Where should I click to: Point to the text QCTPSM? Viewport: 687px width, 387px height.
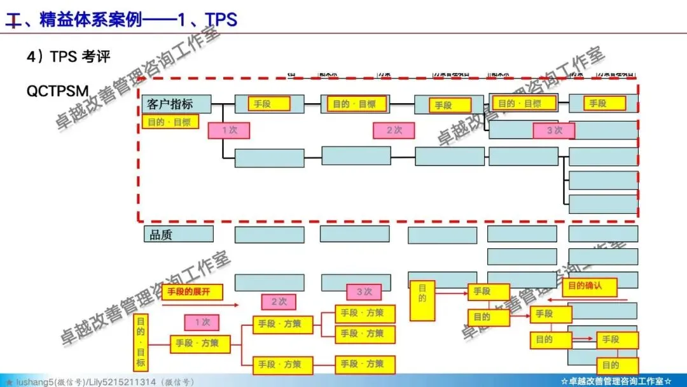coord(57,91)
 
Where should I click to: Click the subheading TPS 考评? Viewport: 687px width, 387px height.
coord(68,57)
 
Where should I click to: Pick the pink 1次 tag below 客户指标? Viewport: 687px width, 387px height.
coord(228,130)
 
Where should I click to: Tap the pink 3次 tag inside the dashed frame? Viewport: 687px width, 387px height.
coord(553,130)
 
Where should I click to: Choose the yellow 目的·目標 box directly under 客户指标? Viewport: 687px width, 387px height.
coord(170,122)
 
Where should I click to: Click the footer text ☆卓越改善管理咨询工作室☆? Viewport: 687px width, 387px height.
coord(616,381)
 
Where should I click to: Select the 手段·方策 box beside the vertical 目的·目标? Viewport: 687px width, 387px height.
coord(197,343)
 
